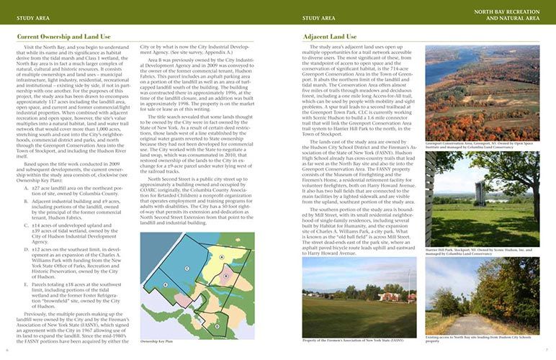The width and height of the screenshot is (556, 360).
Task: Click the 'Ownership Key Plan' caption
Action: coord(157,342)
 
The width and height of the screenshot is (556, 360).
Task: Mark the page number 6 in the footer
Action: coord(6,351)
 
